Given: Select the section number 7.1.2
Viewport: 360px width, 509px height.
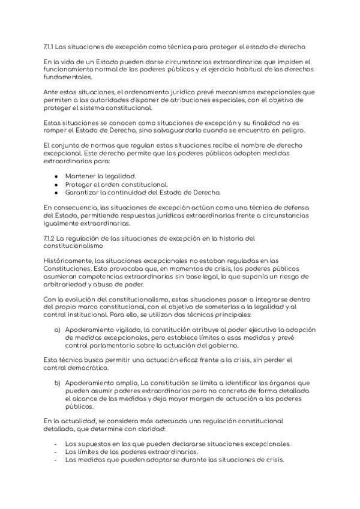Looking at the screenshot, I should pyautogui.click(x=50, y=238).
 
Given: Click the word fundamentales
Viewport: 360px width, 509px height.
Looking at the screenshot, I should pyautogui.click(x=67, y=77).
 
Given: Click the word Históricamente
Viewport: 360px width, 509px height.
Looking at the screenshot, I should pyautogui.click(x=68, y=261).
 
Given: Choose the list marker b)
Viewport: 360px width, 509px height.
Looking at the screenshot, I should pyautogui.click(x=58, y=382).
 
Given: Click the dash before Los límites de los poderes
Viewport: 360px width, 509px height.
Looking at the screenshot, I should pyautogui.click(x=56, y=452).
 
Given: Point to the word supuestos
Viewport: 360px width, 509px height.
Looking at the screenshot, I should pyautogui.click(x=91, y=444).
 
